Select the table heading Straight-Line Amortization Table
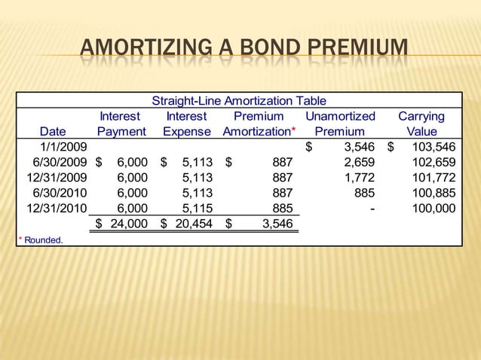click(x=239, y=101)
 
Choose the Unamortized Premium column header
click(x=340, y=124)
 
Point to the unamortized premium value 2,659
click(x=360, y=162)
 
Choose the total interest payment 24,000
click(x=129, y=224)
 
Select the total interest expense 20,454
click(x=193, y=224)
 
